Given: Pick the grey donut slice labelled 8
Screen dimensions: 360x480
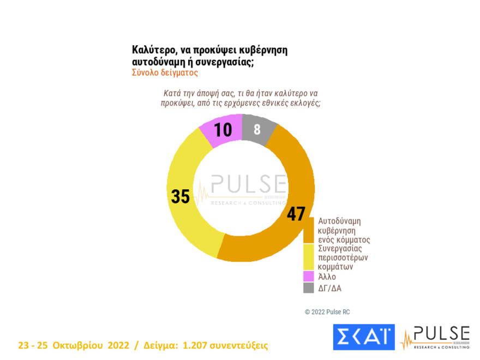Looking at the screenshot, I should pyautogui.click(x=256, y=129).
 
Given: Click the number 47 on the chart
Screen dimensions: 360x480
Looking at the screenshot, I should pyautogui.click(x=296, y=213).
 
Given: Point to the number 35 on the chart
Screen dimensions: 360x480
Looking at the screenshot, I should pyautogui.click(x=181, y=196).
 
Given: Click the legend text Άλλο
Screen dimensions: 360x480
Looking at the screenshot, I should pyautogui.click(x=327, y=277).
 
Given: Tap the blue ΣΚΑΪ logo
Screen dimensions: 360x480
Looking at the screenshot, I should pyautogui.click(x=363, y=337).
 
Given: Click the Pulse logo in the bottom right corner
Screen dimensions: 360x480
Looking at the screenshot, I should pyautogui.click(x=435, y=337).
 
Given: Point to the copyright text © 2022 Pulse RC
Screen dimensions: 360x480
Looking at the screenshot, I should pyautogui.click(x=327, y=312).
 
